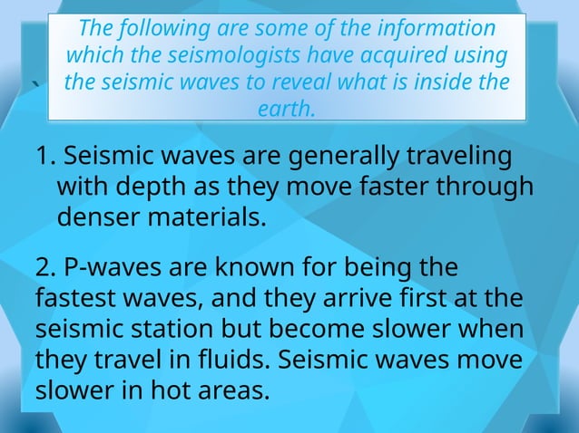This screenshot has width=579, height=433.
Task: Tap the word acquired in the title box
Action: point(410,54)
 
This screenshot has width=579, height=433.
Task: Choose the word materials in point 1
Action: point(210,217)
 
